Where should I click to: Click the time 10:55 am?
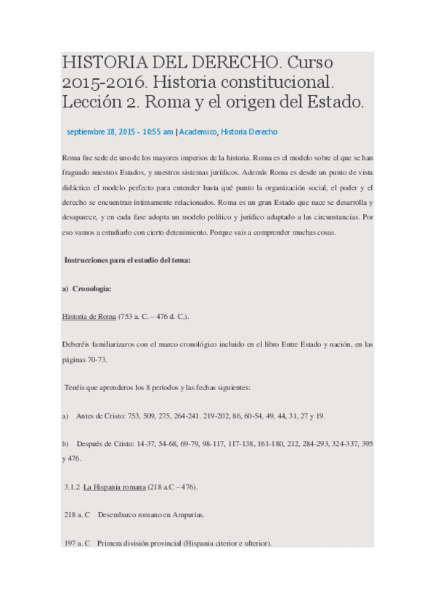tap(158, 132)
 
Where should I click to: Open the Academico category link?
tap(198, 132)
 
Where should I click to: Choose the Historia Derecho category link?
tap(248, 132)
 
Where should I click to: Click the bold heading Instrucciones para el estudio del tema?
tap(128, 261)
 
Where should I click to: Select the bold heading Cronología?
tap(92, 288)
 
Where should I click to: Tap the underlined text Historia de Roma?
tap(89, 317)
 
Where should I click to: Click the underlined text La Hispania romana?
tap(115, 486)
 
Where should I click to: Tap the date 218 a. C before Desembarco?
tap(77, 514)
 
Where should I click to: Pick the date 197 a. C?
tap(77, 542)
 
